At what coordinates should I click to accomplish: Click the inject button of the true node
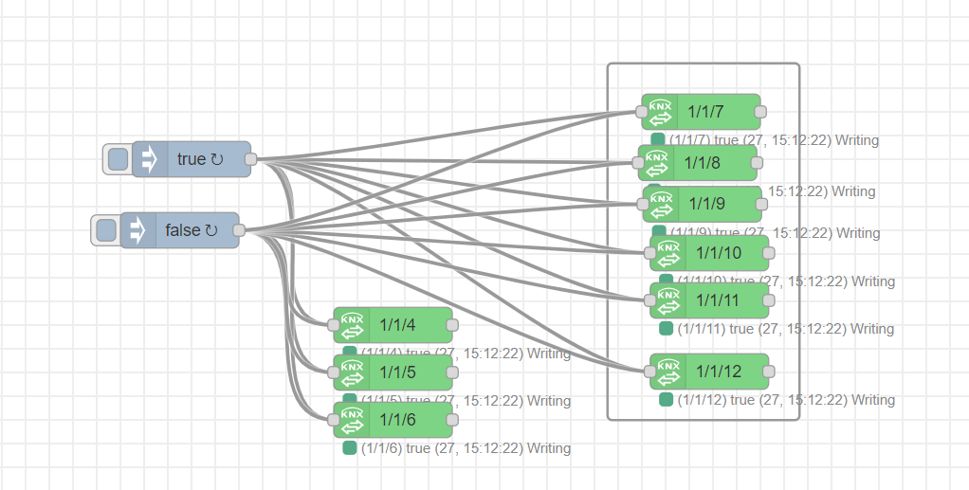pyautogui.click(x=118, y=159)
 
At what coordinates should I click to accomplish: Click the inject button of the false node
pyautogui.click(x=106, y=230)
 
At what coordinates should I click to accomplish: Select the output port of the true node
pyautogui.click(x=251, y=159)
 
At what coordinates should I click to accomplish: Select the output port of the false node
pyautogui.click(x=239, y=230)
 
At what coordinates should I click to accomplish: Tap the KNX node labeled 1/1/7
pyautogui.click(x=706, y=112)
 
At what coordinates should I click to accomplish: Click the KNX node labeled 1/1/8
pyautogui.click(x=703, y=163)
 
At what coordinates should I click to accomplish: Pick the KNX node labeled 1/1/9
pyautogui.click(x=707, y=204)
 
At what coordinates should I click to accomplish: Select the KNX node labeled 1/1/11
pyautogui.click(x=717, y=300)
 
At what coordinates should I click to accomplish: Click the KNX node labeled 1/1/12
pyautogui.click(x=717, y=372)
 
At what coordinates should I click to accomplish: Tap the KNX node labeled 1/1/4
pyautogui.click(x=398, y=325)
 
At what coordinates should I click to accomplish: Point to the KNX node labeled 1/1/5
pyautogui.click(x=398, y=372)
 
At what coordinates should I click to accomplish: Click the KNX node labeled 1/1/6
pyautogui.click(x=398, y=419)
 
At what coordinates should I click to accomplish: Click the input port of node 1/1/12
pyautogui.click(x=649, y=372)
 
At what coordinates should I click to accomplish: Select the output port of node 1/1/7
pyautogui.click(x=760, y=112)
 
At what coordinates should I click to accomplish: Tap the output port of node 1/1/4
pyautogui.click(x=452, y=325)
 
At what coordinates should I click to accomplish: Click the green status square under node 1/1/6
pyautogui.click(x=350, y=447)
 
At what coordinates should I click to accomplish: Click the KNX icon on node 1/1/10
pyautogui.click(x=668, y=253)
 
